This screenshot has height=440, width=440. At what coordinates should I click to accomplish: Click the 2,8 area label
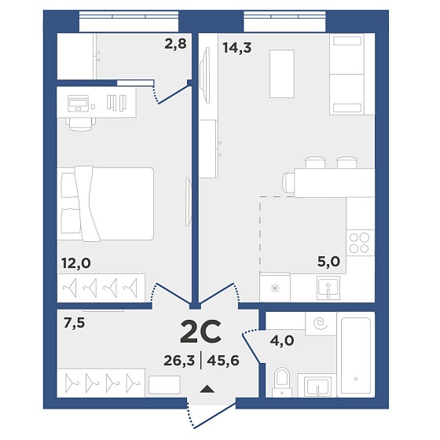point(175,44)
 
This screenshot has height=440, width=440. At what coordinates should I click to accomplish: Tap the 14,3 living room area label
point(237,47)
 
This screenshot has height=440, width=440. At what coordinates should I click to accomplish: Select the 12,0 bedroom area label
point(76,263)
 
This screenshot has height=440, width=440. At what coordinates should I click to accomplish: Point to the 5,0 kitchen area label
point(328,262)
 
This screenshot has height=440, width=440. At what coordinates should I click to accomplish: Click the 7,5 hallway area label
point(74,323)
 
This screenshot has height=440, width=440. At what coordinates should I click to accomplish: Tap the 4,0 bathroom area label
point(282,341)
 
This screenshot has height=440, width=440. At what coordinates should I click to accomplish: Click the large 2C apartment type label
point(200,332)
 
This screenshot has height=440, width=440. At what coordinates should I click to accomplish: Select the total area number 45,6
point(223,361)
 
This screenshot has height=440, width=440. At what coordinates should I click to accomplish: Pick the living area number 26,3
point(179,361)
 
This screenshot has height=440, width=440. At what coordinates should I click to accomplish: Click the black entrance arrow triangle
point(207,389)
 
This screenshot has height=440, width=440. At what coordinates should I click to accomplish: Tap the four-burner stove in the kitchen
point(360,243)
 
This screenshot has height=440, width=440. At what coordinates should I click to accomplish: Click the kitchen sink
point(328,288)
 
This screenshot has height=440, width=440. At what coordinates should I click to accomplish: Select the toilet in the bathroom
point(282,382)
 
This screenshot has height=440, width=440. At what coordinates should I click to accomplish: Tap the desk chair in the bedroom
point(81,124)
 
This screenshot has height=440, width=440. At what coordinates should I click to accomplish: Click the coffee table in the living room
point(282,74)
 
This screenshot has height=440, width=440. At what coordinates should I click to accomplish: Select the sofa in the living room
point(347,74)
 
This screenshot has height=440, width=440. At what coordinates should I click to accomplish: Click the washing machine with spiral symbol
point(321,323)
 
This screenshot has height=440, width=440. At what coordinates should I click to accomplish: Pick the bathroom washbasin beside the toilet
point(317,385)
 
